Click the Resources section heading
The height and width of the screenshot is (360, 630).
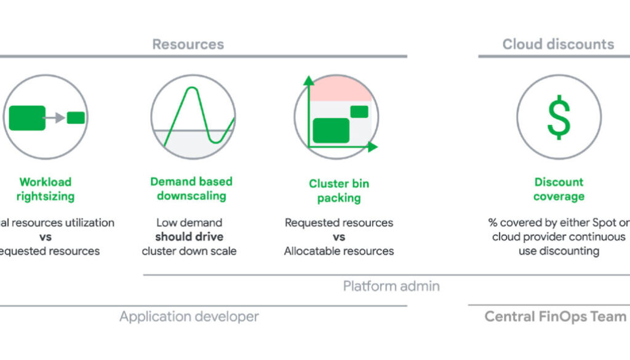point(188,44)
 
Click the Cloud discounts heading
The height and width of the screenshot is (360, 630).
point(558,44)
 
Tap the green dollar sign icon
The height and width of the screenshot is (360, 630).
point(559,117)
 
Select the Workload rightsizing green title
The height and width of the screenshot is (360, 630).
point(46,189)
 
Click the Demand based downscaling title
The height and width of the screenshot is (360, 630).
point(191,189)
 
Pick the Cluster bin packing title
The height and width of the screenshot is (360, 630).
point(339,191)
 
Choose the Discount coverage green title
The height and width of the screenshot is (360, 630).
point(559,189)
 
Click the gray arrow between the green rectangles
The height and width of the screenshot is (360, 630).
point(56,118)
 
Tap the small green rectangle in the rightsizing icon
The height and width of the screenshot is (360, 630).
point(76,118)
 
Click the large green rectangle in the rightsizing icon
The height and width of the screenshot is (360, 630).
point(27,118)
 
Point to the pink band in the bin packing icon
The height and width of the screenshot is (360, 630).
point(340,90)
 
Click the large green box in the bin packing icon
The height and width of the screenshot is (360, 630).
point(331,130)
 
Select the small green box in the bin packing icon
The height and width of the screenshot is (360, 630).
point(359,112)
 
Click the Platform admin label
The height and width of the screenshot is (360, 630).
point(391,286)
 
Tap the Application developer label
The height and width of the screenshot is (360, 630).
point(189,317)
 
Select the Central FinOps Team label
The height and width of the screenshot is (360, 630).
point(555,317)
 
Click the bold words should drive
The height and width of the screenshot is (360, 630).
point(189,237)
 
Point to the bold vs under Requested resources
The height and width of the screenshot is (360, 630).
point(339,237)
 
